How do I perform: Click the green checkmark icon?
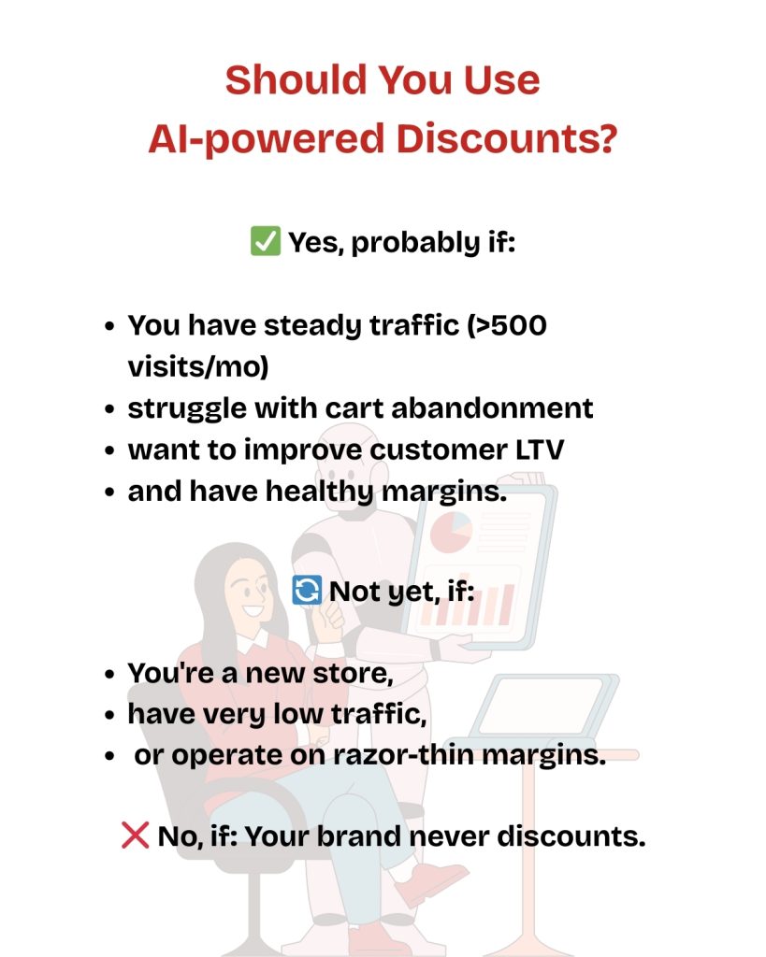coord(266,242)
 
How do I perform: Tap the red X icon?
coord(135,836)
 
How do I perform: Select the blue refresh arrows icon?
coord(307,590)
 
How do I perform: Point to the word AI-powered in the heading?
coord(266,138)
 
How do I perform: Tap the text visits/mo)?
coord(198,366)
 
